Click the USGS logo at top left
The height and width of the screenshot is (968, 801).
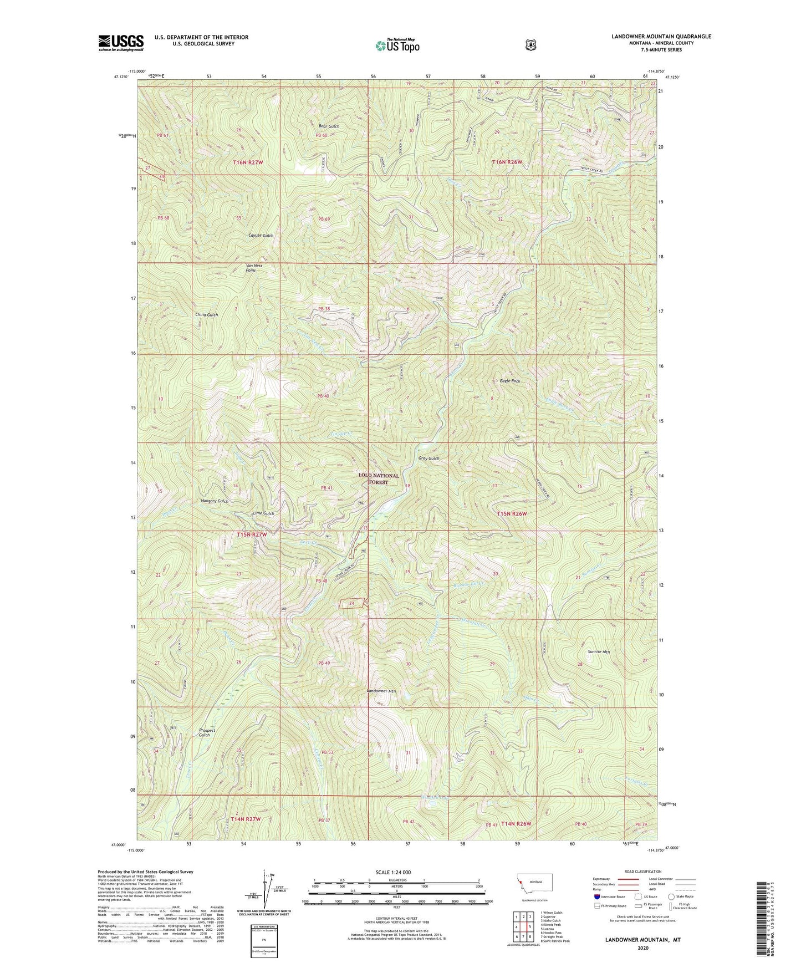tap(121, 43)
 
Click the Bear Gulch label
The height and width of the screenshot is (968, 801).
tap(329, 126)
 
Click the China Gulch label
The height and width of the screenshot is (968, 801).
tap(207, 314)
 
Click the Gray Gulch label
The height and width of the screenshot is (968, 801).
tap(429, 458)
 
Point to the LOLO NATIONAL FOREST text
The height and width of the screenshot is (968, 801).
tap(379, 479)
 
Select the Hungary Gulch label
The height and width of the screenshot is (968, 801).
tap(214, 501)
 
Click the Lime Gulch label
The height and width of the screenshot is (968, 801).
tap(263, 513)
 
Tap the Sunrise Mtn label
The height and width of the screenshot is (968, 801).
tap(599, 652)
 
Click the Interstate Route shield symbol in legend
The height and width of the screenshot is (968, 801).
tap(596, 896)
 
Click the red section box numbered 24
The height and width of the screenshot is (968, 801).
tap(352, 603)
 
